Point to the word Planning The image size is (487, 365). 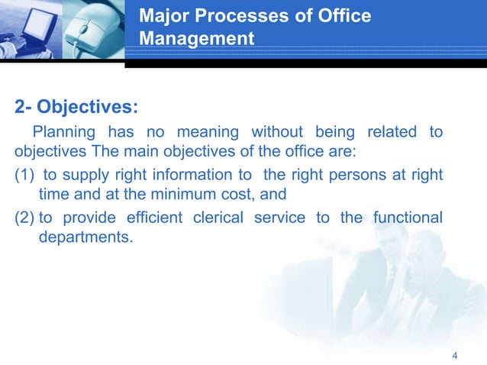click(x=63, y=132)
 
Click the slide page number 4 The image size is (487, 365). click(x=455, y=356)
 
